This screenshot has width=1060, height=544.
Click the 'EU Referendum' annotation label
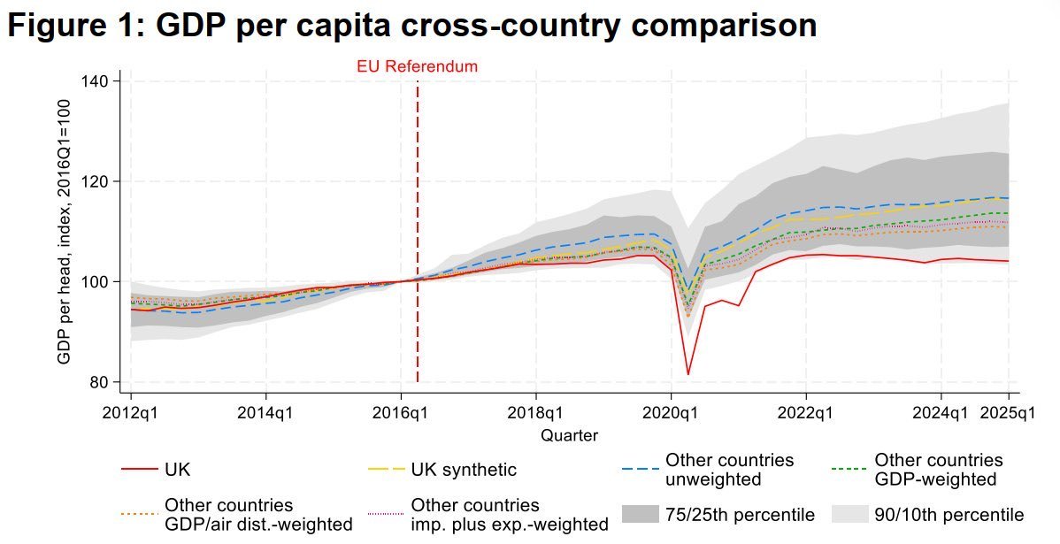(417, 66)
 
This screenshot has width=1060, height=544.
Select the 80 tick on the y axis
(99, 382)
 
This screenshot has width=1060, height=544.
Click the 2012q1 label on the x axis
(131, 413)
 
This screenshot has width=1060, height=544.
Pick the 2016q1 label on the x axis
(401, 413)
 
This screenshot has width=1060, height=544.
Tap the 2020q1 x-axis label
(671, 413)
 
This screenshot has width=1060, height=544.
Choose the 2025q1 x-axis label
(1007, 413)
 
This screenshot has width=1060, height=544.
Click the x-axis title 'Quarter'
(569, 435)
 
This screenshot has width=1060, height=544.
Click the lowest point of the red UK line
(688, 374)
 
